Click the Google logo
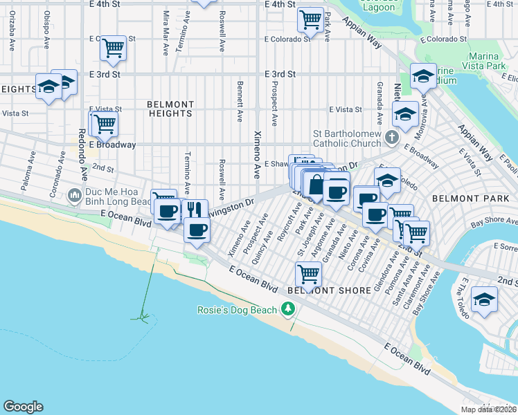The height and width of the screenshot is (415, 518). pos(23,407)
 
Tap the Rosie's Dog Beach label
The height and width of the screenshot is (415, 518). pos(238,310)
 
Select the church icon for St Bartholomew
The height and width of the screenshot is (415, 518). pos(393,136)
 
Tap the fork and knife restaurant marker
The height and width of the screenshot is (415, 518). pos(194,208)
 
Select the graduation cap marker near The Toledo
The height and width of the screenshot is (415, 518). pos(484,299)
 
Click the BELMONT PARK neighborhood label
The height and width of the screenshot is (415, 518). pos(461,198)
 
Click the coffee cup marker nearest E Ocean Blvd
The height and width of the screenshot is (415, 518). pos(197,229)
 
